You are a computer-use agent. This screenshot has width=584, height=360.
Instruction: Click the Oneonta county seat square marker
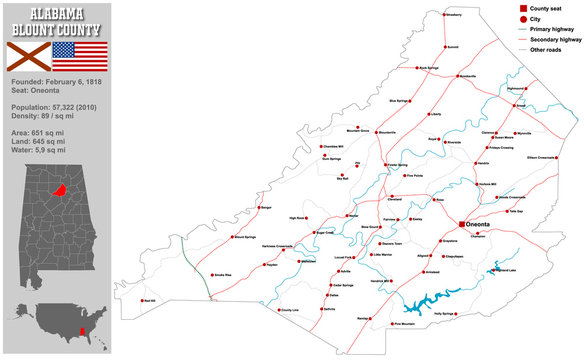click(461, 225)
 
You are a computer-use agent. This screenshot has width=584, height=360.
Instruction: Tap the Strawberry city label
click(453, 15)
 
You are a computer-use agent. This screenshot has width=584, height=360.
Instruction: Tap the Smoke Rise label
click(222, 274)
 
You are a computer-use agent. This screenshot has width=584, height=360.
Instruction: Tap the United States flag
click(85, 55)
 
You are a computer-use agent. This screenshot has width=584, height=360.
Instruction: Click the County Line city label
click(289, 311)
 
